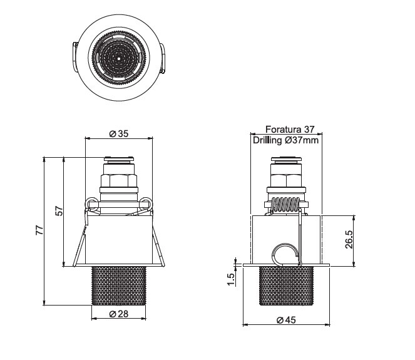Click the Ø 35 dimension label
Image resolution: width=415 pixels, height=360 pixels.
(x=119, y=134)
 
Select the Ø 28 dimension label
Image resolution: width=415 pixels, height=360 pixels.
(x=119, y=314)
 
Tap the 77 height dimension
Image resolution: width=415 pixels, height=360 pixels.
(x=39, y=230)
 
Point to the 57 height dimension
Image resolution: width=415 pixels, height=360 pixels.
(x=59, y=211)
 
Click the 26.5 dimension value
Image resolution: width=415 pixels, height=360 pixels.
(x=349, y=239)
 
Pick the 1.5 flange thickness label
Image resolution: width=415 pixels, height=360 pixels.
(x=231, y=279)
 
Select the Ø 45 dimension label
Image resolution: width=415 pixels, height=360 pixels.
(x=286, y=320)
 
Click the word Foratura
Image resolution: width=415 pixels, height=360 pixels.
(x=283, y=130)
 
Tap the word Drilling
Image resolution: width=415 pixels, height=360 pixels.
(x=267, y=140)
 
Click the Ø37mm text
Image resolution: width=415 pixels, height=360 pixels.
(x=302, y=140)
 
